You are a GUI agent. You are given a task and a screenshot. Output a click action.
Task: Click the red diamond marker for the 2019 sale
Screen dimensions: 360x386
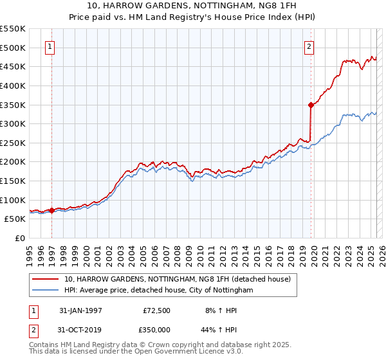(311, 104)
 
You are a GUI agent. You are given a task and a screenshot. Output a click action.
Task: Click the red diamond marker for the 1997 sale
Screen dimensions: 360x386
(51, 210)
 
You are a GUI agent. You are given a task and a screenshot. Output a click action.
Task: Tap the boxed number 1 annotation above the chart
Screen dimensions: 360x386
(51, 46)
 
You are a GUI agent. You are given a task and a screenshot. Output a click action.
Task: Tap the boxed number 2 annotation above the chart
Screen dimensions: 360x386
(309, 46)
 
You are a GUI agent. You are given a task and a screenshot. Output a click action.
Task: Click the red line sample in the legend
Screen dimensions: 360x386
(46, 280)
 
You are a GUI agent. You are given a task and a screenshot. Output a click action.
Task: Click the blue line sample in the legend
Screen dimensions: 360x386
(46, 291)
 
